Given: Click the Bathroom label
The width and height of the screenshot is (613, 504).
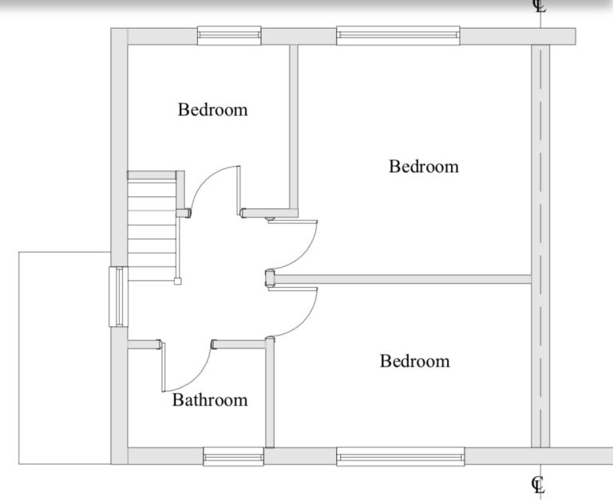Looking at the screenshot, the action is [210, 400].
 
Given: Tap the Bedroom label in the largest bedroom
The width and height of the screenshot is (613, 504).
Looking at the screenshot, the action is [424, 167].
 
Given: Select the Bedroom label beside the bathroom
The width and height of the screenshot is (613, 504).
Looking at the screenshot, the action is [415, 361].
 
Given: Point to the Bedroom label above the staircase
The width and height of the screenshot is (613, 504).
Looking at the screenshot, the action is [212, 109].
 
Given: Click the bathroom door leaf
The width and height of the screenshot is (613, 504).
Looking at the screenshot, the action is [164, 367].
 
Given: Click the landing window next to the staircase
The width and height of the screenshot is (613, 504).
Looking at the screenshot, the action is [118, 297].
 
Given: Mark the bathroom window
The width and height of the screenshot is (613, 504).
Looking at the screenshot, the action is [233, 457].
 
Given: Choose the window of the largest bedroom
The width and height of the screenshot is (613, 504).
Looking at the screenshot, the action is [398, 36].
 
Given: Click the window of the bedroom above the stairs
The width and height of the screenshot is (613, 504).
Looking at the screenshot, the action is [229, 36].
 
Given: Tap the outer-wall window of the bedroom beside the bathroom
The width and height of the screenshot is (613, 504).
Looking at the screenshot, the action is [401, 457].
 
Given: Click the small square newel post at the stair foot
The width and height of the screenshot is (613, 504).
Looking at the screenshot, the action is [177, 281].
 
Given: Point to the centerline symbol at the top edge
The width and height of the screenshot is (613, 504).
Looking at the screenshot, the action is [540, 6].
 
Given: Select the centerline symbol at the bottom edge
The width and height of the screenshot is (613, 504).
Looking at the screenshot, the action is [538, 485].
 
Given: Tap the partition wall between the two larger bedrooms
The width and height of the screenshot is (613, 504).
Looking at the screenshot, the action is [402, 279].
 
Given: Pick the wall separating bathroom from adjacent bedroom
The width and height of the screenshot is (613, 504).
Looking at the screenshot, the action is [270, 394].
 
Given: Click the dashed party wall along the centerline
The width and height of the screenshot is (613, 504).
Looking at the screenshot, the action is [540, 246].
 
